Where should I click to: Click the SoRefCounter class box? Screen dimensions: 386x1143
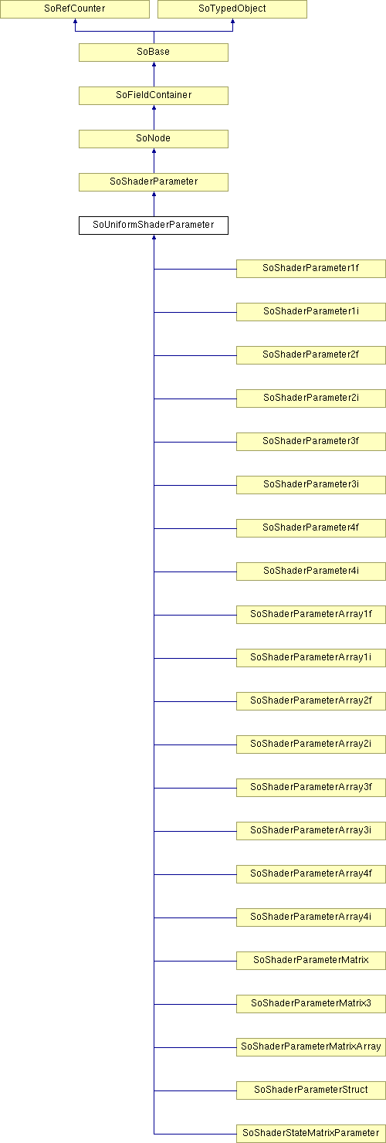point(74,9)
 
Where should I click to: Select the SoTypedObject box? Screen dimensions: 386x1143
point(232,9)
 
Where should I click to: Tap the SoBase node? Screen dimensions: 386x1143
point(154,52)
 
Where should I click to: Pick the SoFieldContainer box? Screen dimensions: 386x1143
point(154,96)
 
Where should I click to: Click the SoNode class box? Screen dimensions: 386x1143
point(154,139)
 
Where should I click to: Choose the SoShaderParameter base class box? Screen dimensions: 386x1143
point(154,182)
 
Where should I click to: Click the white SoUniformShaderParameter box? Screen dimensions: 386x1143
point(154,226)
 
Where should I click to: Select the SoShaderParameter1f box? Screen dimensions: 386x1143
point(311,269)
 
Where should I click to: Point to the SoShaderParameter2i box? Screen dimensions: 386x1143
point(311,399)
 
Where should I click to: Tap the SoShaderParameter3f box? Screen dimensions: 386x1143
point(311,442)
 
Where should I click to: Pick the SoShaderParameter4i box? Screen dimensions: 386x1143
point(311,571)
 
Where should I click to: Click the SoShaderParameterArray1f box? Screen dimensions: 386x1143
point(311,615)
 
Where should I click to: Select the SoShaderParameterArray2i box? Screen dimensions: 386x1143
point(311,744)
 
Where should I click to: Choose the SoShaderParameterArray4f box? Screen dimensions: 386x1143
point(311,874)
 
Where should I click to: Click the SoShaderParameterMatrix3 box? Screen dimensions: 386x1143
point(311,1004)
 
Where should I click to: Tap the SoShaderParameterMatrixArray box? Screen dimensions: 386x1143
point(311,1047)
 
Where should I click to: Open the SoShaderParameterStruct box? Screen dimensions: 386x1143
point(311,1090)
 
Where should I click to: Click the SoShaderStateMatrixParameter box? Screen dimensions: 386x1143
point(311,1133)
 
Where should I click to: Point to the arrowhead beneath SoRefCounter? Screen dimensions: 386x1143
point(75,22)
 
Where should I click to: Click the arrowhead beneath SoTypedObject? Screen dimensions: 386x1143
point(232,22)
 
